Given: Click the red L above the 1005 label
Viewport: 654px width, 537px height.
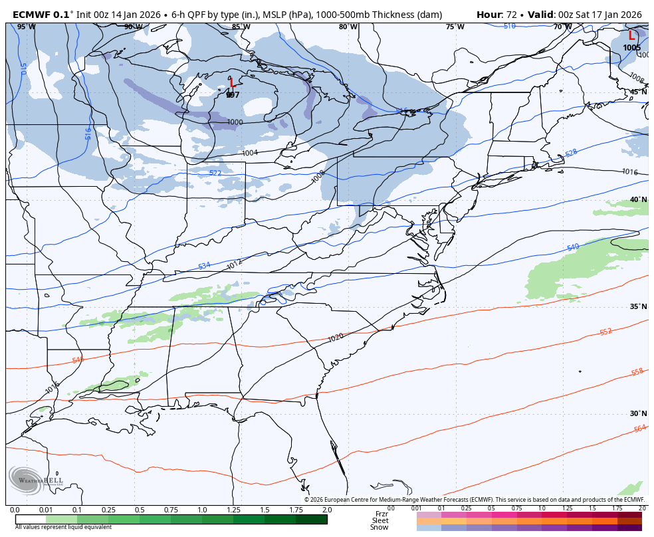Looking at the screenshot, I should coord(631,36).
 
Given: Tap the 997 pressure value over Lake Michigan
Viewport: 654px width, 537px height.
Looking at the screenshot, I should coord(233,95).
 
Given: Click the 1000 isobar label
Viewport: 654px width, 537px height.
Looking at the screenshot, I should coord(235,122).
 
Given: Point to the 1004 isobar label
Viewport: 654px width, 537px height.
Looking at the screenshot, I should coord(249,153).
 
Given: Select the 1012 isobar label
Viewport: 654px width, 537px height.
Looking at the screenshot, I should coord(234,265).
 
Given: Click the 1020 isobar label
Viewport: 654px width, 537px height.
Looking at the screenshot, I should coord(336,338).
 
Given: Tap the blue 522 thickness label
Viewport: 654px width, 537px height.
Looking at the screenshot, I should coord(215,173).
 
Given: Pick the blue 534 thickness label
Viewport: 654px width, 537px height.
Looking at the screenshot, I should coord(204,266).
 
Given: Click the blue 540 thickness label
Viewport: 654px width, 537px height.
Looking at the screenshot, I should coord(572,247).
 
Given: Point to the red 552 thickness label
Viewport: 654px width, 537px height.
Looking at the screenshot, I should coord(605,332).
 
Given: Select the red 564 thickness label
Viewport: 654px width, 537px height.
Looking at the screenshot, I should coord(639,429).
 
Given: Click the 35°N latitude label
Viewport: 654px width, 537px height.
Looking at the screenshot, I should coord(638,307).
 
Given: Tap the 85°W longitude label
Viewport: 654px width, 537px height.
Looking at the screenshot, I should coord(241,27).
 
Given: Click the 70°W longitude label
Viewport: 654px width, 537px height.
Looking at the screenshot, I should coord(562,27).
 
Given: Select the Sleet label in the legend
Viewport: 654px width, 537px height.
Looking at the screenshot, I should coord(380,520).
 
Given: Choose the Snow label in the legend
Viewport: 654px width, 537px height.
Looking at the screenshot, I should coord(380,527).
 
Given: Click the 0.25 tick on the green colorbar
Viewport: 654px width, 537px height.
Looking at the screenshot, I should coord(108,510).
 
